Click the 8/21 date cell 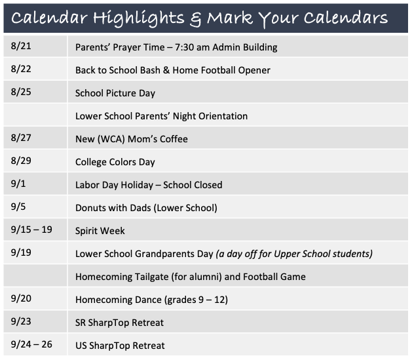point(21,46)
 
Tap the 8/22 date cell point(21,69)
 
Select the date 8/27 point(21,138)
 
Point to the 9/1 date point(18,184)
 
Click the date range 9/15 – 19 point(31,230)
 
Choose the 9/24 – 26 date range point(31,344)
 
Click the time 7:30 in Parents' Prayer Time point(184,47)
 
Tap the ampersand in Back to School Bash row point(166,70)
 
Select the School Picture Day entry point(115,93)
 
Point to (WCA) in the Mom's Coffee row point(111,139)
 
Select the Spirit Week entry point(100,231)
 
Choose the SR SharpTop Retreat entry point(119,323)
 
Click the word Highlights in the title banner point(139,18)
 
